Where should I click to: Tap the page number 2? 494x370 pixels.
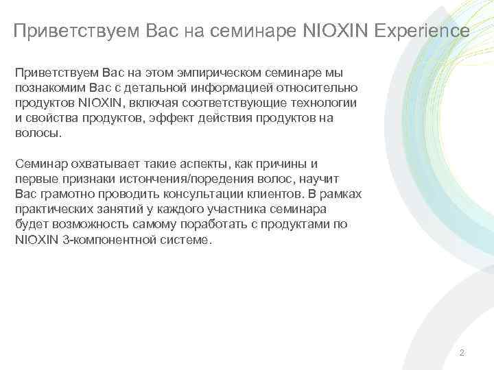pos(462,353)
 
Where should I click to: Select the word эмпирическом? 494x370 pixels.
pos(217,73)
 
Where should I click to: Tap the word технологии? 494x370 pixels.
pos(325,103)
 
